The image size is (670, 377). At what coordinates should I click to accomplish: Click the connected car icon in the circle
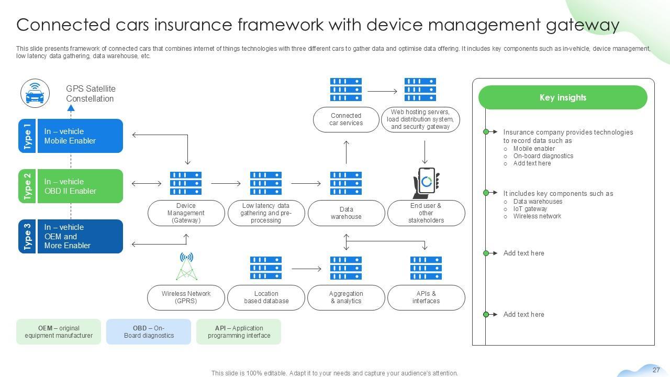35,94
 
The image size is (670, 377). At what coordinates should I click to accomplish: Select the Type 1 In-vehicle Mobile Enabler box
71,136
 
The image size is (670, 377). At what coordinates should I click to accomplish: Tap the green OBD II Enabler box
71,186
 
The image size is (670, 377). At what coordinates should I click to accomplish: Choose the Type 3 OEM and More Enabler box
71,237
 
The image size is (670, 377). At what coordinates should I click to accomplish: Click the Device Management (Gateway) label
186,213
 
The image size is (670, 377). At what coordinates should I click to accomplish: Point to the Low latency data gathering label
266,213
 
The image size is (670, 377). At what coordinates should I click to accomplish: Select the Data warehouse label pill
346,213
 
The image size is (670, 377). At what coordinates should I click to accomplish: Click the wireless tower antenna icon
186,267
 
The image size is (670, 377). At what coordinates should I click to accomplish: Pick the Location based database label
266,297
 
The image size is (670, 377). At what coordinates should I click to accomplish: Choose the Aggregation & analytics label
346,297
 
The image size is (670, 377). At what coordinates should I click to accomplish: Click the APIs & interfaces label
426,297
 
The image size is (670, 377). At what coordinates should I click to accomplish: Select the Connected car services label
346,119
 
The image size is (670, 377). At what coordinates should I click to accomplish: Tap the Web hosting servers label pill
420,119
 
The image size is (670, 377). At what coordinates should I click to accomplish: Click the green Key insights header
563,97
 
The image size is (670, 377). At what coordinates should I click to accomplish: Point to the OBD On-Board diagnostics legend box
149,332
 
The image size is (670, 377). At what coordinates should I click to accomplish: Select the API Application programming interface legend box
239,332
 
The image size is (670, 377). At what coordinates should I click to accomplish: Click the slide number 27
656,370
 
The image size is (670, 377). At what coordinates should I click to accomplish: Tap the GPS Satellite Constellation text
91,94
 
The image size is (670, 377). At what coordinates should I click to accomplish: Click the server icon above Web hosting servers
420,90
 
